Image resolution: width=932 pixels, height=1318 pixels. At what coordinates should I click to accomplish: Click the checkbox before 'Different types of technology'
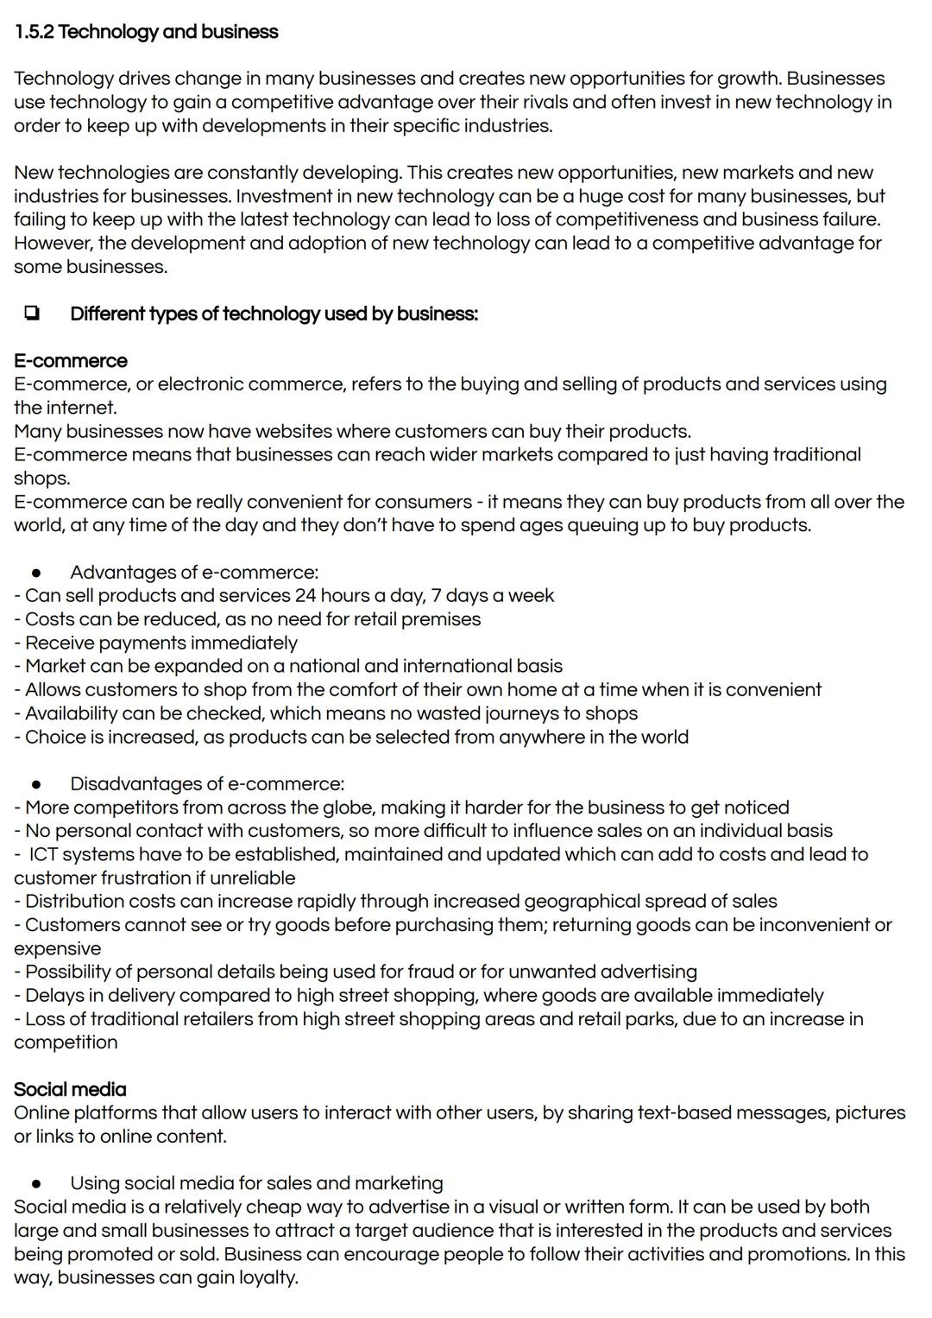pos(31,314)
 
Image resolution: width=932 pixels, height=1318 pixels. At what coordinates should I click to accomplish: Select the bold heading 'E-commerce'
pos(70,361)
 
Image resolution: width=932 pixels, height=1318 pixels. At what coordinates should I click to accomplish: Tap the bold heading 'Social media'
pos(70,1089)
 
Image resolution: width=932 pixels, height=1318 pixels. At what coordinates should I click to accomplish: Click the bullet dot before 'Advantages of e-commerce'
pos(36,573)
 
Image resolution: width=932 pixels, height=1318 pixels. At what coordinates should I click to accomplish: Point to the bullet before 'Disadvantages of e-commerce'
pos(36,784)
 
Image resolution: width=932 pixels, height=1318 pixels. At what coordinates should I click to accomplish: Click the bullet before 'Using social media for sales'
pos(36,1184)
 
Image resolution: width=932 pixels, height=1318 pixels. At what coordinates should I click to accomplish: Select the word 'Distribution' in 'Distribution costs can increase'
pos(74,901)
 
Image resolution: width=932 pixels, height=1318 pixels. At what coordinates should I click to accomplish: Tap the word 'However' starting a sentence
pos(52,243)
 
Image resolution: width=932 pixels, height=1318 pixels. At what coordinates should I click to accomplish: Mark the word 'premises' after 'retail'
pos(442,619)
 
